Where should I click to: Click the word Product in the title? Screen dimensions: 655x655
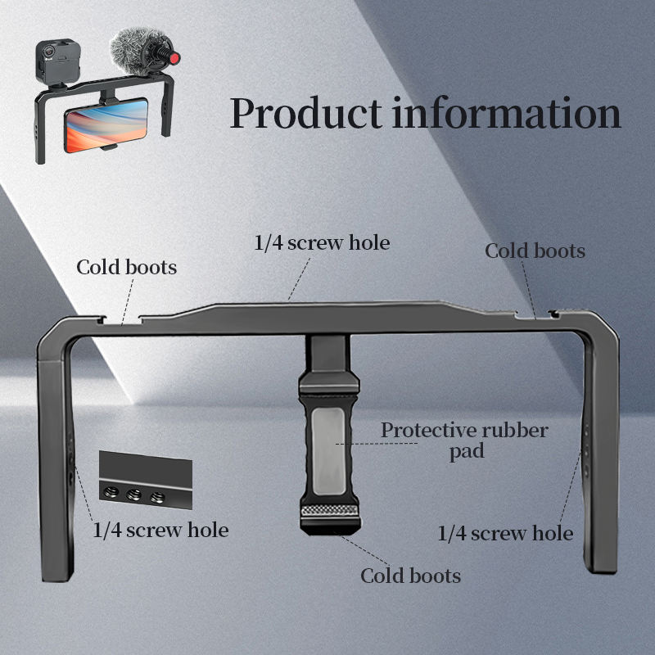coord(305,113)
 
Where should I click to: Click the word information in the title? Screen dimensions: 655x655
coord(507,113)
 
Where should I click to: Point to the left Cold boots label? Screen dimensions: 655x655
coord(127,267)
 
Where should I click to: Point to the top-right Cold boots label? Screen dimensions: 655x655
coord(535,251)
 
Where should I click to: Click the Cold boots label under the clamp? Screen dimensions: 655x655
coord(411,576)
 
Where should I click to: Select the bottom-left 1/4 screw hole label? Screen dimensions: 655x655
coord(160,530)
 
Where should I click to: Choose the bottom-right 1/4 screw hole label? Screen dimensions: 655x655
coord(505,534)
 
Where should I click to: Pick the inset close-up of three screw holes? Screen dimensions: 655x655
coord(145,482)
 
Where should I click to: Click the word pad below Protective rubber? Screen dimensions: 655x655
coord(466,451)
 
